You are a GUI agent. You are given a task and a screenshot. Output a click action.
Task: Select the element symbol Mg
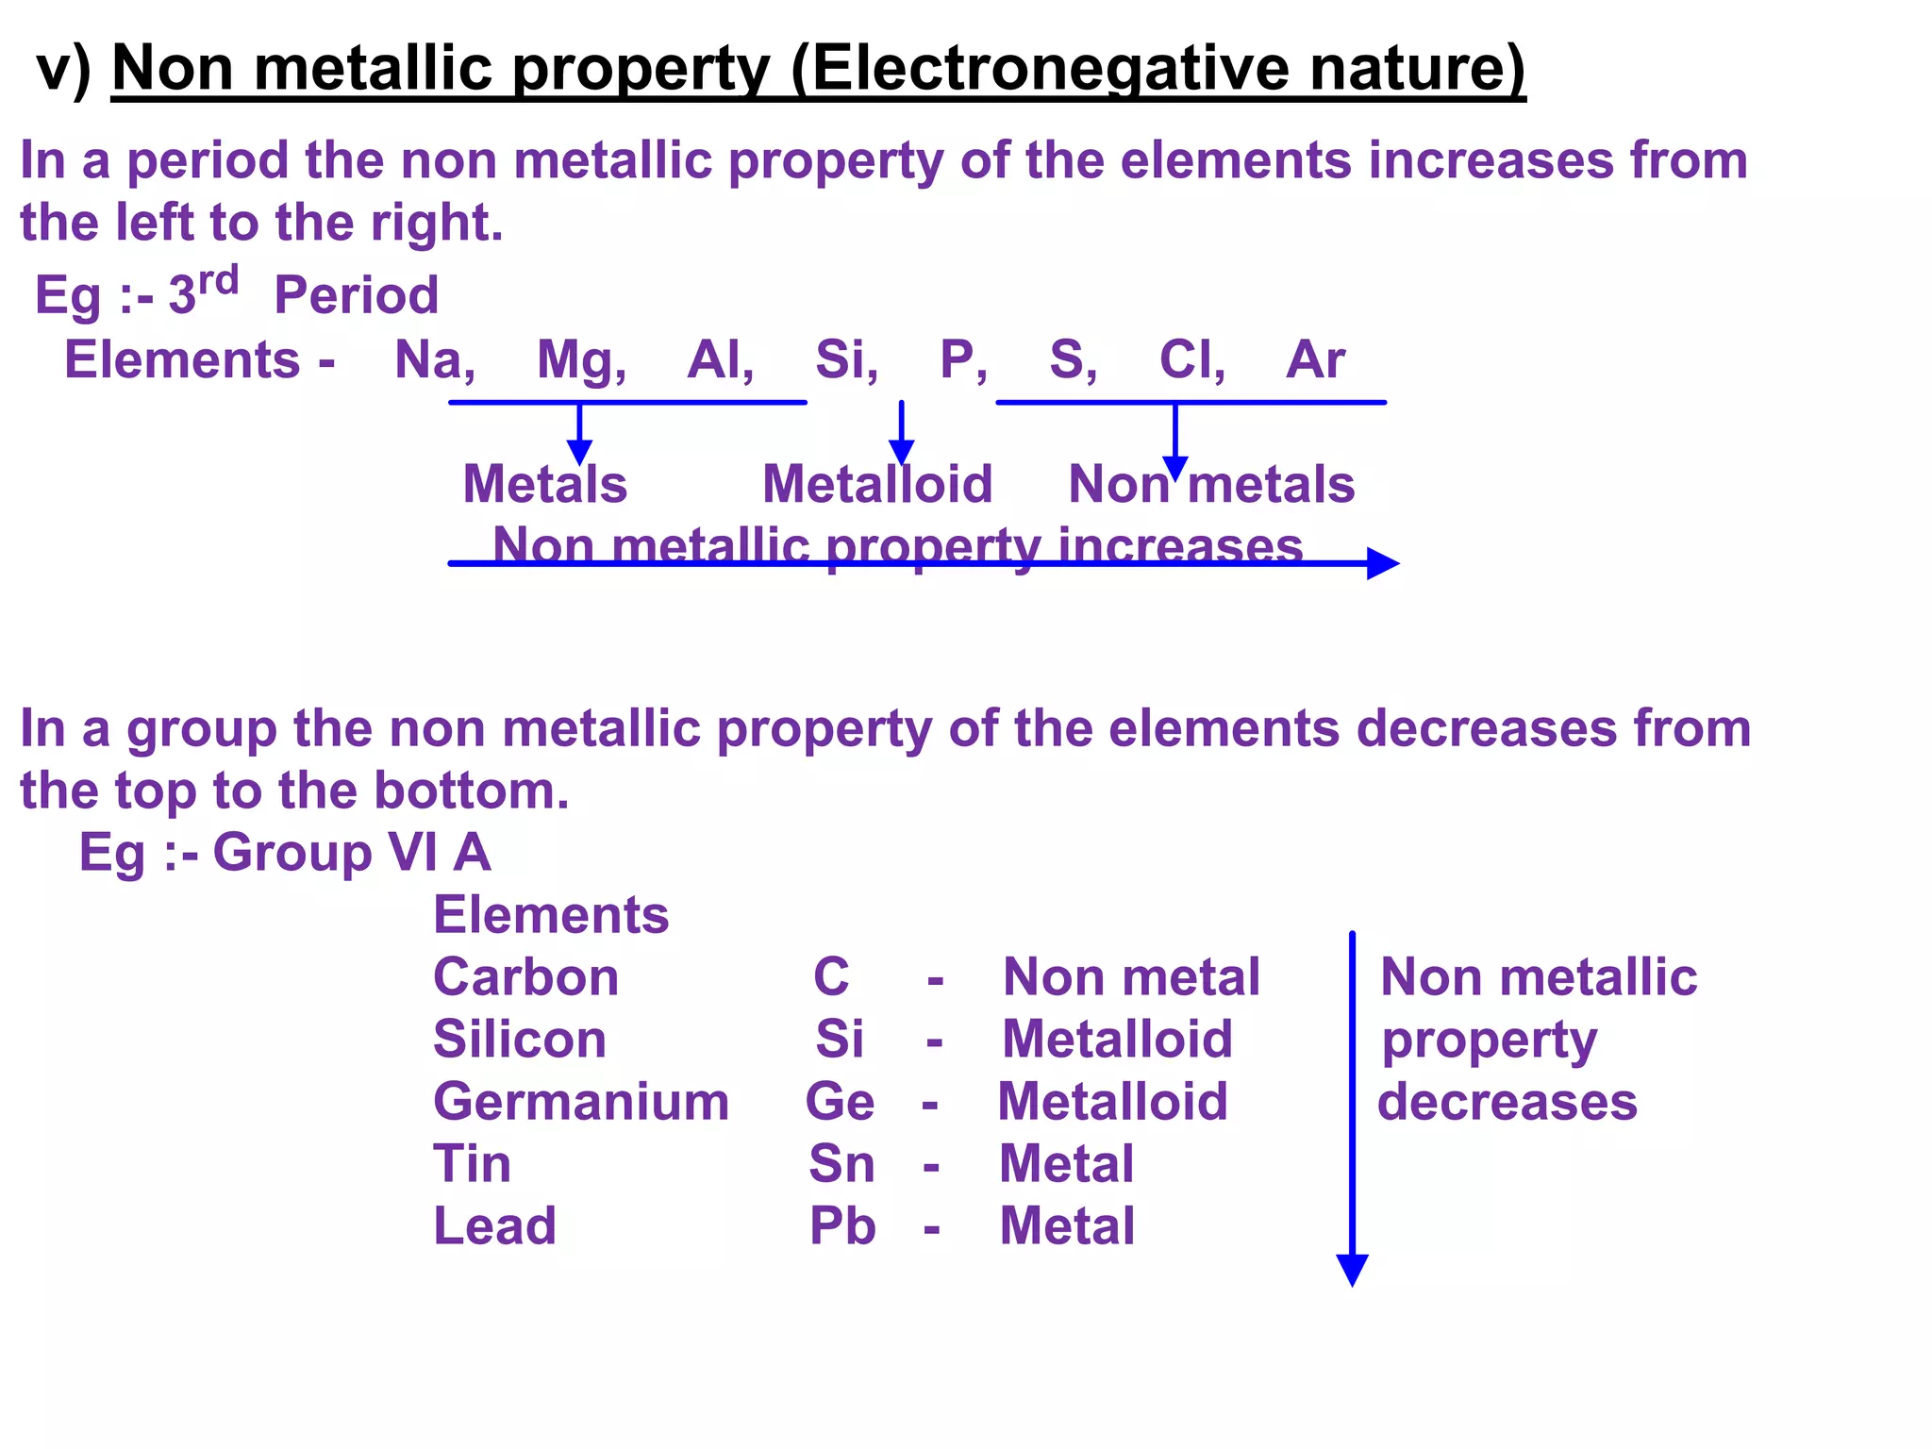pyautogui.click(x=576, y=359)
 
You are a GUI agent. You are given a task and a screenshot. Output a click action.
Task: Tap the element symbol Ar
pyautogui.click(x=1315, y=359)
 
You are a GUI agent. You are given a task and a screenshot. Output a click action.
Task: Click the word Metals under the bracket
pyautogui.click(x=544, y=485)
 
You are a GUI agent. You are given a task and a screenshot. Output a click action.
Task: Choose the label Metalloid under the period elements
pyautogui.click(x=877, y=485)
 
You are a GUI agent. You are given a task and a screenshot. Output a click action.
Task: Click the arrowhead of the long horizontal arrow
pyautogui.click(x=1383, y=563)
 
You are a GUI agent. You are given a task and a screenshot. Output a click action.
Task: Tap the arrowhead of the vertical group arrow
pyautogui.click(x=1352, y=1270)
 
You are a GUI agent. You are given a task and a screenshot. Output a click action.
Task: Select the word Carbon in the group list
pyautogui.click(x=525, y=977)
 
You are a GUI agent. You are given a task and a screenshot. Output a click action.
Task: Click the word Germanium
pyautogui.click(x=581, y=1102)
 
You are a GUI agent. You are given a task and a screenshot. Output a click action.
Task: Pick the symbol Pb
pyautogui.click(x=842, y=1226)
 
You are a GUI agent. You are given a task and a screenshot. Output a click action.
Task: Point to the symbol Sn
pyautogui.click(x=841, y=1164)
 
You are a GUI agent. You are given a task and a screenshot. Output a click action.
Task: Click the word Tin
pyautogui.click(x=472, y=1164)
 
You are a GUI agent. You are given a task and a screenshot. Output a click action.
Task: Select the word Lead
pyautogui.click(x=494, y=1226)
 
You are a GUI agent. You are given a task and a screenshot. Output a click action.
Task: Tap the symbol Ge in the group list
pyautogui.click(x=840, y=1102)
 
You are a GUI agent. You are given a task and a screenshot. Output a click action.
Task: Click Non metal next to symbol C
pyautogui.click(x=1131, y=977)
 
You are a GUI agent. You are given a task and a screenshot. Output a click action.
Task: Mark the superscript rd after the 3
pyautogui.click(x=218, y=280)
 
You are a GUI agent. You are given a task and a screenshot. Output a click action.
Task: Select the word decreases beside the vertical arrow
pyautogui.click(x=1507, y=1102)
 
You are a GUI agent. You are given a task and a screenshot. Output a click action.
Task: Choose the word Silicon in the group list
pyautogui.click(x=520, y=1040)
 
